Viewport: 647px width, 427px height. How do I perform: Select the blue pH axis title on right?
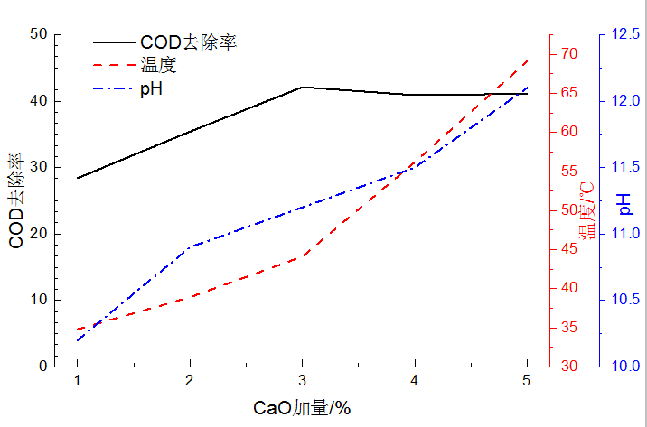625,204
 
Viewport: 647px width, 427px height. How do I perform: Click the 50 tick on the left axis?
38,34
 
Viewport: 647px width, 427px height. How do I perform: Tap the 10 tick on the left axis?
38,300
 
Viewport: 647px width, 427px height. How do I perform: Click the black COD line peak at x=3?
302,87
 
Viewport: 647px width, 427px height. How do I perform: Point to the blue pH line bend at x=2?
190,246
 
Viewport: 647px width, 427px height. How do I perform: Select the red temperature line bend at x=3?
302,256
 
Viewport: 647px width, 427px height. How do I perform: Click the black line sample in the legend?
114,42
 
